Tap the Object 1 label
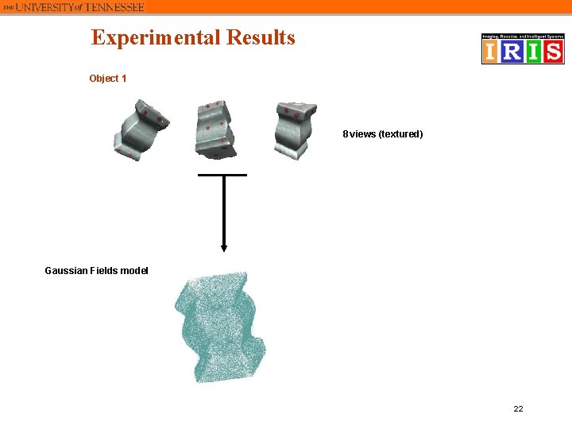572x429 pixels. pos(107,79)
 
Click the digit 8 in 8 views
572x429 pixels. pos(345,134)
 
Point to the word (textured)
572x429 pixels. pos(401,134)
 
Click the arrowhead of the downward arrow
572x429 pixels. pos(224,247)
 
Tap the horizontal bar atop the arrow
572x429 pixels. pos(222,175)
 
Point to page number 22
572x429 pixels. pos(518,408)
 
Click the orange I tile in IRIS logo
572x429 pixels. pos(492,52)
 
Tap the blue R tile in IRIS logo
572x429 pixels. pos(512,52)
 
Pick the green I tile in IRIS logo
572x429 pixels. pos(533,52)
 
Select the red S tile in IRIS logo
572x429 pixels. pos(553,52)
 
